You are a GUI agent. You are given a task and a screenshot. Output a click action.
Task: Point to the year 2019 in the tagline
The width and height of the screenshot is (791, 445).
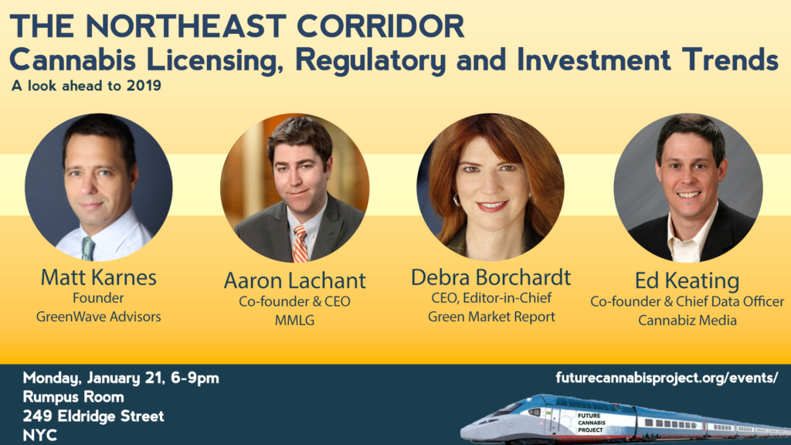pos(144,85)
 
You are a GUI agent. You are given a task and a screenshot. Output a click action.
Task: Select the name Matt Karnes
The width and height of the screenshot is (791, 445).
pos(98,277)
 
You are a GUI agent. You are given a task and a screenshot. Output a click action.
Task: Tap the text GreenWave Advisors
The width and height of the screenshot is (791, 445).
pos(98,317)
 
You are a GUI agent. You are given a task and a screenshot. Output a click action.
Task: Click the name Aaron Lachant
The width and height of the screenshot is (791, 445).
pos(294,280)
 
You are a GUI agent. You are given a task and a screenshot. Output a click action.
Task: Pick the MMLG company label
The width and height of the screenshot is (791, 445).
pos(294,321)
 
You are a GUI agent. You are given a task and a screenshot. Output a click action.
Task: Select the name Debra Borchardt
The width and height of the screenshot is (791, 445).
pos(491,277)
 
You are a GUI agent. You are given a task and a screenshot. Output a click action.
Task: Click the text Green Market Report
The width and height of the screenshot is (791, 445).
pos(491,317)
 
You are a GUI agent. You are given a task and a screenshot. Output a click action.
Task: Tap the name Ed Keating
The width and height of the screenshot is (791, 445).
pos(687,280)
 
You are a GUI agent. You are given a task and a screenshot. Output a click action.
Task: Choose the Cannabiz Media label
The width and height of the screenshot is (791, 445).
pos(687,321)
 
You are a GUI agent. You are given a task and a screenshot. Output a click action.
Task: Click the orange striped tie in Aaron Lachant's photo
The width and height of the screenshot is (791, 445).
pos(300,243)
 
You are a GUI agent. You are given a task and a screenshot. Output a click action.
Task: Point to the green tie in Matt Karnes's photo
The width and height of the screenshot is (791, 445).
pos(88,248)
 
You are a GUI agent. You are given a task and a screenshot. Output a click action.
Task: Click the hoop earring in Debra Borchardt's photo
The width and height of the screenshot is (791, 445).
pos(457,200)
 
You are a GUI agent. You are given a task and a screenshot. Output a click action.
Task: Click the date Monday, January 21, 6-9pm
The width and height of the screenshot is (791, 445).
pos(121,379)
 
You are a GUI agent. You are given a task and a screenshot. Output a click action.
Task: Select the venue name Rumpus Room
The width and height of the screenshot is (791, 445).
pos(73,397)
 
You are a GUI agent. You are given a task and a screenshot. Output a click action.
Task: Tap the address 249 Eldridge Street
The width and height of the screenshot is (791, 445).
pos(93,416)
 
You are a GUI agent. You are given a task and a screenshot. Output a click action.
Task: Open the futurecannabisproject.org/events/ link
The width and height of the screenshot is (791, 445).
pos(667,378)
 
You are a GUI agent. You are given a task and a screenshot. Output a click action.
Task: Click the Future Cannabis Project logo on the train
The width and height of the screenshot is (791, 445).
pos(590,423)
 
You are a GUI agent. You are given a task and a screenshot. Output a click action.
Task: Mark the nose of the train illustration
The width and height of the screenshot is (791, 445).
pos(465,433)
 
